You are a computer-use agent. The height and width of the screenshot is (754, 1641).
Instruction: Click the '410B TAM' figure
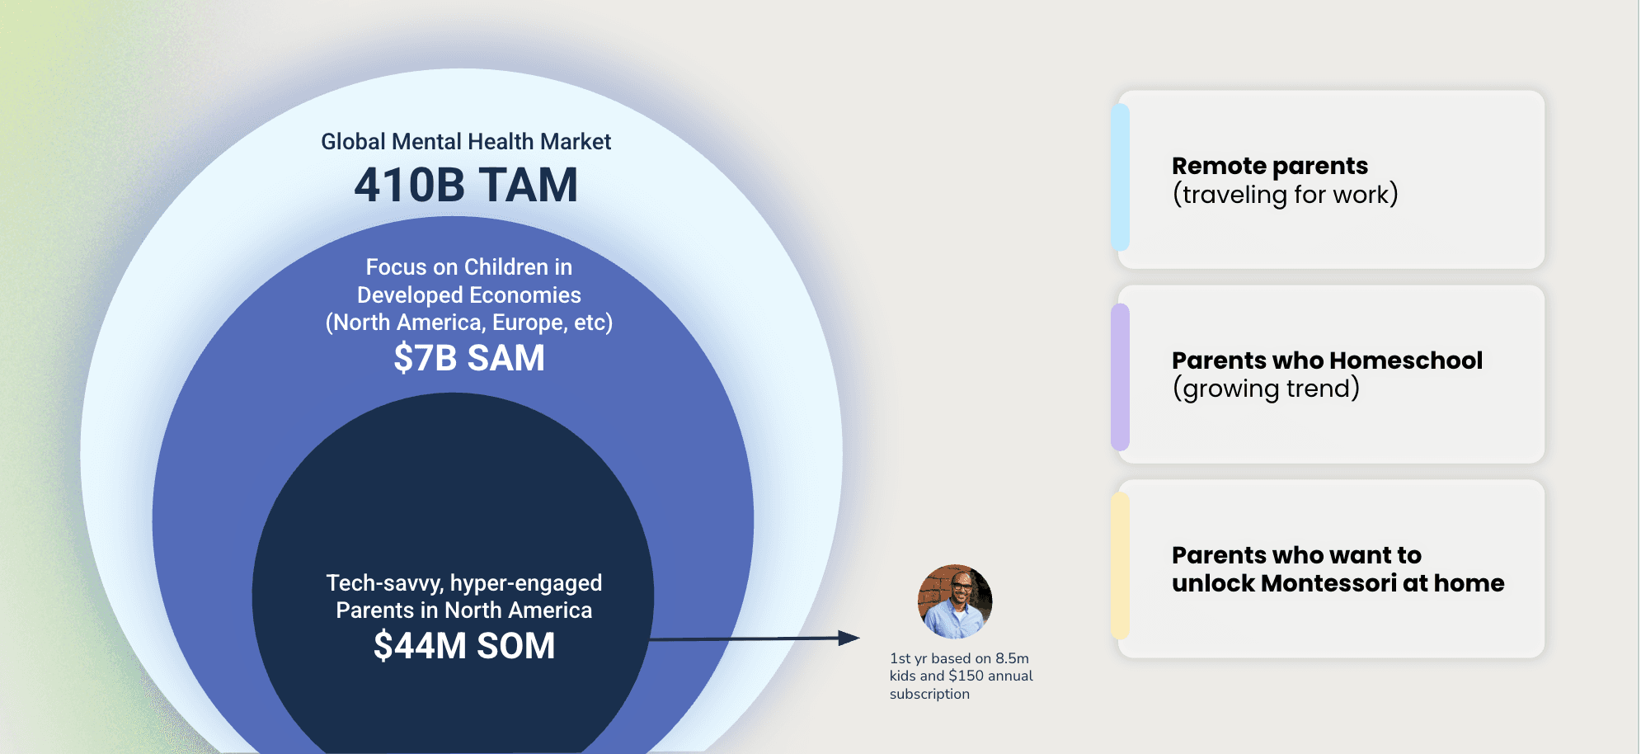point(466,185)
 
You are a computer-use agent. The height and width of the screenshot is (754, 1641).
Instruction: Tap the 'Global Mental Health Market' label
point(466,142)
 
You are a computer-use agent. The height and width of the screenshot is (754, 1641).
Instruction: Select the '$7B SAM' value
point(468,358)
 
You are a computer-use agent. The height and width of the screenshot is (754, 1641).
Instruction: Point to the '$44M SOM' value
point(464,645)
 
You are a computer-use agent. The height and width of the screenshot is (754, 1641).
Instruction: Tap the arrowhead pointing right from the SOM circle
point(849,638)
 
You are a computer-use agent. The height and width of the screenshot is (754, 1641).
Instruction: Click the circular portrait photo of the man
point(955,601)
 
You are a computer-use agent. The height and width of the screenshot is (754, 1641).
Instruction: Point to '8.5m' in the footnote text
point(1012,658)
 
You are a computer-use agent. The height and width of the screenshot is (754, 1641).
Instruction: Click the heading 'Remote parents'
point(1270,166)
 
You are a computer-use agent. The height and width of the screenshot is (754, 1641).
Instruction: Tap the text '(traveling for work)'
point(1285,195)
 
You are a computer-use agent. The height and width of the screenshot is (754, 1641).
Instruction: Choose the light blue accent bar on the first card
point(1120,177)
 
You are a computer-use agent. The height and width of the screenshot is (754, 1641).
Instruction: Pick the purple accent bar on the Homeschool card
point(1120,376)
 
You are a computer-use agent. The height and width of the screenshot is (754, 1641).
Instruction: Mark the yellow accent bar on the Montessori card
point(1120,566)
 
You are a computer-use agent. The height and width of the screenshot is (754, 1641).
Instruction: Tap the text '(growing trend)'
point(1266,389)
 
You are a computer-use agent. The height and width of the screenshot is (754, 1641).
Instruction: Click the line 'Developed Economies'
point(468,295)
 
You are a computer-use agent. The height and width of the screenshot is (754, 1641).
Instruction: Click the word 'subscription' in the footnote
point(929,694)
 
